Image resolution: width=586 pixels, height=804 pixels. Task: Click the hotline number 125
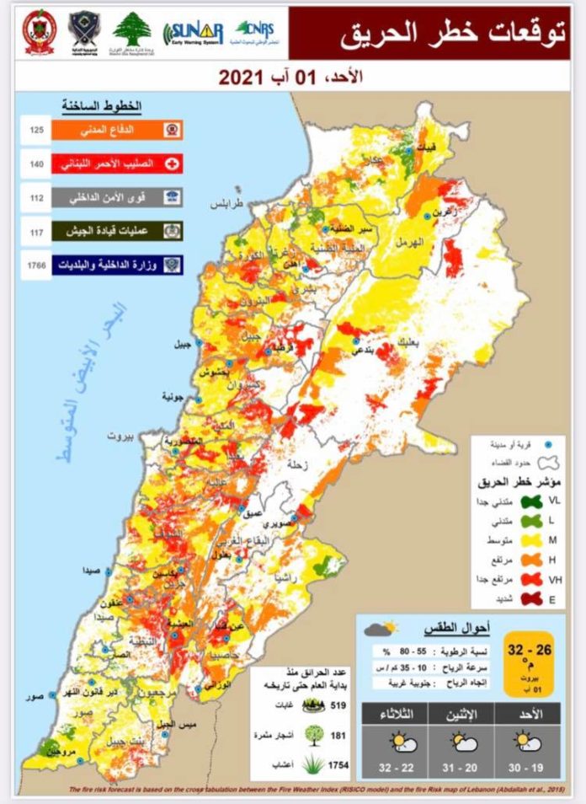tap(36, 130)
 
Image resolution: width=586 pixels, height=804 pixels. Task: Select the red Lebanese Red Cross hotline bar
tap(117, 163)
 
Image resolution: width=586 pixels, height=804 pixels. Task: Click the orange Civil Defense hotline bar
tap(117, 130)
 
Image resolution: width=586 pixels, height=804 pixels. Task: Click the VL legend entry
tap(553, 501)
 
